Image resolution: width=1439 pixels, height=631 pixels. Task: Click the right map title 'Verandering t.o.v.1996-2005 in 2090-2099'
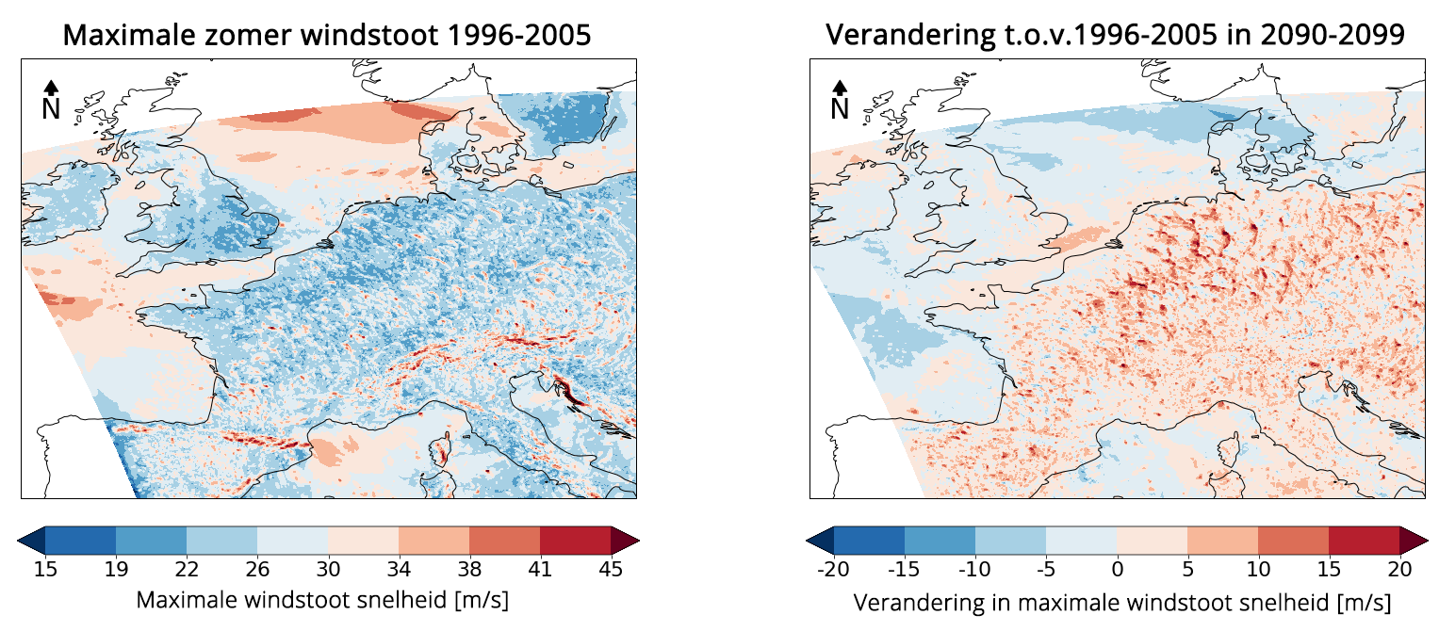point(1116,35)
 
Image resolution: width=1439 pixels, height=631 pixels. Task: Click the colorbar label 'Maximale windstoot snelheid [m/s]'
point(323,600)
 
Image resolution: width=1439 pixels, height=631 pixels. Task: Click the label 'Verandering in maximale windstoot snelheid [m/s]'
point(1121,600)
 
